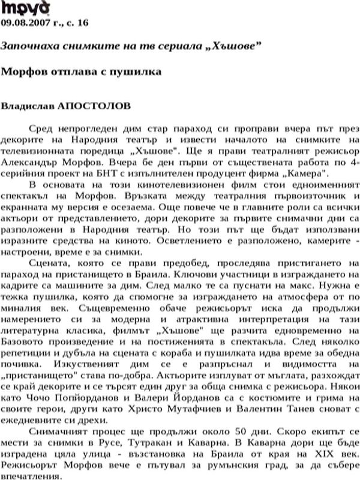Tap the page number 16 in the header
(83, 23)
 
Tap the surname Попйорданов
(85, 388)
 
